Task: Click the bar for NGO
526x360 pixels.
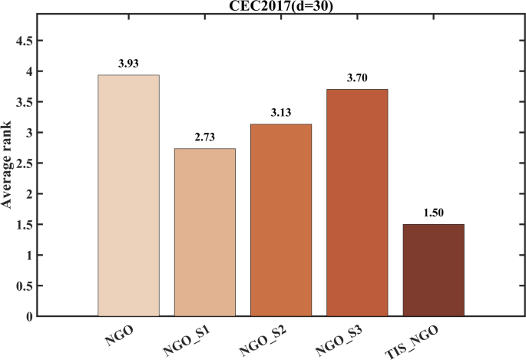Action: coord(128,196)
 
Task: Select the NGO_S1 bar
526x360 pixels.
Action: coord(204,233)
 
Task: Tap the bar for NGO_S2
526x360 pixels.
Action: coord(280,220)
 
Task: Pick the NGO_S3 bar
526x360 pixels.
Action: coord(356,203)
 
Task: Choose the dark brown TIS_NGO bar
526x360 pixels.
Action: coord(433,270)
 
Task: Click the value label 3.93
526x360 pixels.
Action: coord(128,63)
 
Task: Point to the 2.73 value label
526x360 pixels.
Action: coord(204,137)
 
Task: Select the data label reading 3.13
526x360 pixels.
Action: coord(280,112)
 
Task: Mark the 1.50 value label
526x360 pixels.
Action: coord(433,213)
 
